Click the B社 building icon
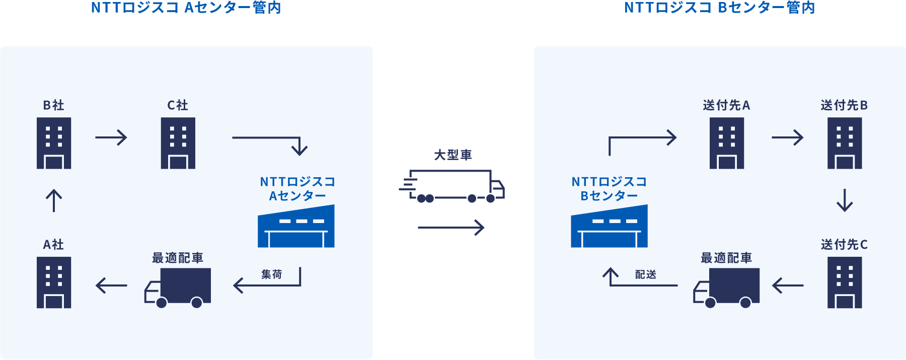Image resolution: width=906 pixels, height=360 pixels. pos(54,143)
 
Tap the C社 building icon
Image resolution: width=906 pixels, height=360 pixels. pos(178,143)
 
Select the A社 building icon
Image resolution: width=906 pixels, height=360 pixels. pos(54,282)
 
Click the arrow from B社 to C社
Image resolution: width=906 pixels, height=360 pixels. pos(111,137)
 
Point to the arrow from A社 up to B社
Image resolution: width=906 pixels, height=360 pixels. pos(54,200)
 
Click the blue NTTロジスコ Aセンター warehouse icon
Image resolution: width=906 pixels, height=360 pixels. pos(296,227)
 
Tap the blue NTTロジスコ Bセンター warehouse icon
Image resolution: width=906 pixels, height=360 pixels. pos(609,227)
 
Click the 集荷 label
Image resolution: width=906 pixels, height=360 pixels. pos(272,274)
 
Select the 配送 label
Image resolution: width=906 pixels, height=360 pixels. pos(646,274)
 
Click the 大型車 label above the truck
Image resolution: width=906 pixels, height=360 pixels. pos(453,155)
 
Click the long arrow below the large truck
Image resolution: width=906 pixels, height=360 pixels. pos(451,228)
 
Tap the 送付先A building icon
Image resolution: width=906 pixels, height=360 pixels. pos(726,143)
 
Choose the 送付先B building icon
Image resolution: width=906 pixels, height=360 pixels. pos(845,143)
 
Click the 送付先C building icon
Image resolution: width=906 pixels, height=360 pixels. pos(845,282)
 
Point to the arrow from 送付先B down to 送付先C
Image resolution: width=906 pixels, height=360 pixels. pos(845,200)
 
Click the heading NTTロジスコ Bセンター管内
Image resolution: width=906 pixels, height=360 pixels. pos(719,8)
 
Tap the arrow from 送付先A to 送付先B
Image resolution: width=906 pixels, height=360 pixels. pos(787,137)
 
